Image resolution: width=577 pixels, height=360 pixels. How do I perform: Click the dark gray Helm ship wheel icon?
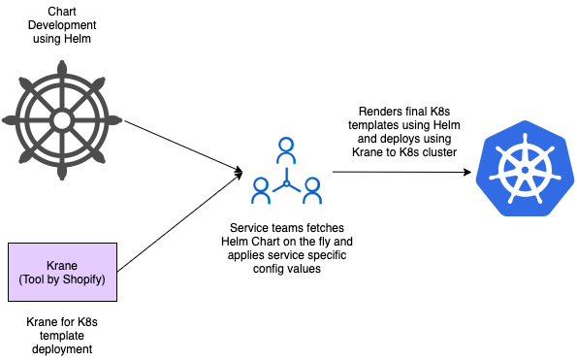point(62,120)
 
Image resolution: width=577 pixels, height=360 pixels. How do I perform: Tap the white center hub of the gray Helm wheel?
point(62,120)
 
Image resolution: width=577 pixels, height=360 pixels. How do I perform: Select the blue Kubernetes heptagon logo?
point(525,168)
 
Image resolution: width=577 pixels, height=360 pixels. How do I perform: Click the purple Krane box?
point(63,272)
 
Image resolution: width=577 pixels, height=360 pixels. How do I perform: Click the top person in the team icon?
point(286,150)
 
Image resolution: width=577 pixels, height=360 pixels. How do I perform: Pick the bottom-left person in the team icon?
point(261,191)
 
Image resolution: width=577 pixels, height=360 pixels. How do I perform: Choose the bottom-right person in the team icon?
point(312,191)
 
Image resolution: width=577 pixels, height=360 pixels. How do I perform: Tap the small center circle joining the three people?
point(286,183)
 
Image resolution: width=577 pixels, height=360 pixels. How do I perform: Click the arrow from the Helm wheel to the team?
point(183,147)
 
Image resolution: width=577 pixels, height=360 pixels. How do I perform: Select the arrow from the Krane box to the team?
point(180,222)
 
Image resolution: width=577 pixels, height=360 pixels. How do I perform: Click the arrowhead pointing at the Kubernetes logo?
point(467,172)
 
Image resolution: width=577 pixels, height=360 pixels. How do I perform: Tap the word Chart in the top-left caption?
point(62,12)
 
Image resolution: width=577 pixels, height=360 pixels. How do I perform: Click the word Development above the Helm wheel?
point(62,25)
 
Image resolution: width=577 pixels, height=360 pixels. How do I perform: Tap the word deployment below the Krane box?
point(62,349)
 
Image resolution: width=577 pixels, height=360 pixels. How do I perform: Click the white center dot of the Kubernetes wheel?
point(525,170)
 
